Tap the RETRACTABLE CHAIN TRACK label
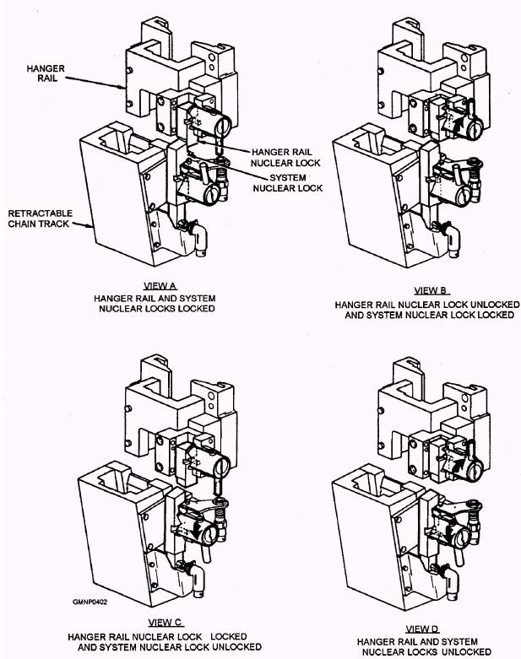34,218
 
